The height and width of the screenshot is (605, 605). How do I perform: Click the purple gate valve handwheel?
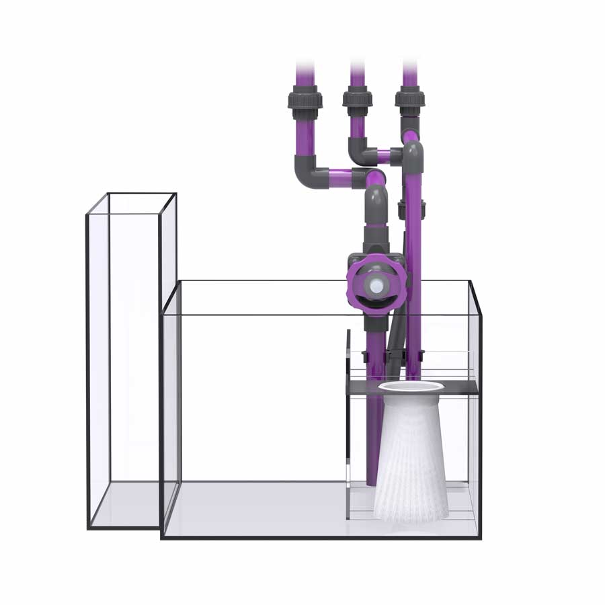pos(356,286)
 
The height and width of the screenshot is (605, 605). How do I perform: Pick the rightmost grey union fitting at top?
pos(409,99)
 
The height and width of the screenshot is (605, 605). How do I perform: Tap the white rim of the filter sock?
pos(411,387)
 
